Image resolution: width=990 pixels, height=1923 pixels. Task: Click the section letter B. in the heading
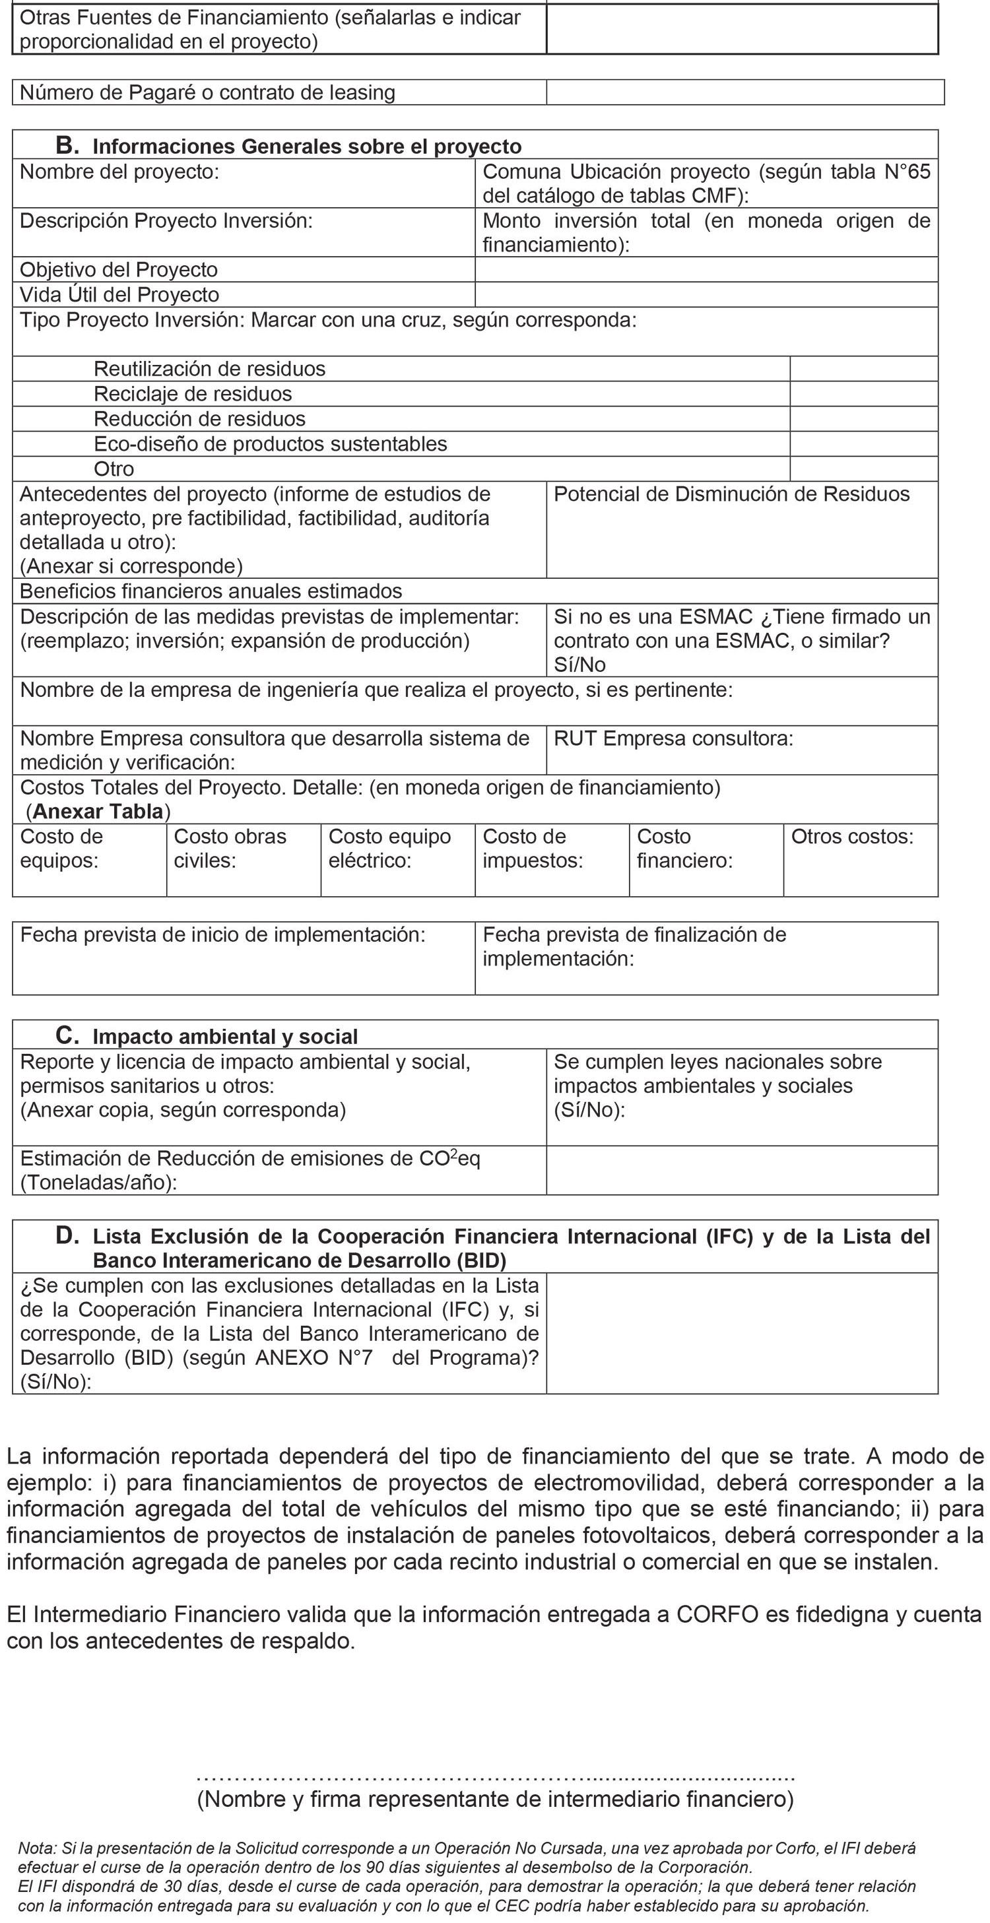[67, 145]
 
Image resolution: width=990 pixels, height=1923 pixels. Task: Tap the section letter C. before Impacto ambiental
[67, 1035]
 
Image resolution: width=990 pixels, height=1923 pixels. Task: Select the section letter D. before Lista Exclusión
[67, 1235]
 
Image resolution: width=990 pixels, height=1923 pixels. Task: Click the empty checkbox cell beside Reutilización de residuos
[863, 369]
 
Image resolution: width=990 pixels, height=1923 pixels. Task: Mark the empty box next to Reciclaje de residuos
[863, 394]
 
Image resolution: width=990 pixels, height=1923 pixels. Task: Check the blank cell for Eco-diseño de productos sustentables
[863, 444]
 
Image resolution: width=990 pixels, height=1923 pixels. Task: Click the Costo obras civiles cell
[244, 859]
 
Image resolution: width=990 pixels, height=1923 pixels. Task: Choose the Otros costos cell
[860, 859]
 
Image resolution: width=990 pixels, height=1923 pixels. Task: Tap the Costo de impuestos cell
[552, 859]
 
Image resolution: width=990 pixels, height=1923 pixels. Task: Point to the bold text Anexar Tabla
[98, 812]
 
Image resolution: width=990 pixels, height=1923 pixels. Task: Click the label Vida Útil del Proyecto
[119, 295]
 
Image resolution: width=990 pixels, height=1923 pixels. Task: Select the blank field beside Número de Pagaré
[744, 92]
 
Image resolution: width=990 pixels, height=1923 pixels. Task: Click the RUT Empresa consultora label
[673, 738]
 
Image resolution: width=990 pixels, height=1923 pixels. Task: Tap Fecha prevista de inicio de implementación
[222, 934]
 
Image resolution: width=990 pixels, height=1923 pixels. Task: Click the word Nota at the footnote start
[35, 1848]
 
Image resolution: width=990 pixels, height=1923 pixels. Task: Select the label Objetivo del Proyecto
[119, 269]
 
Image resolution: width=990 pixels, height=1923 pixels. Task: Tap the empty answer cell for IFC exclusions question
[741, 1332]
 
